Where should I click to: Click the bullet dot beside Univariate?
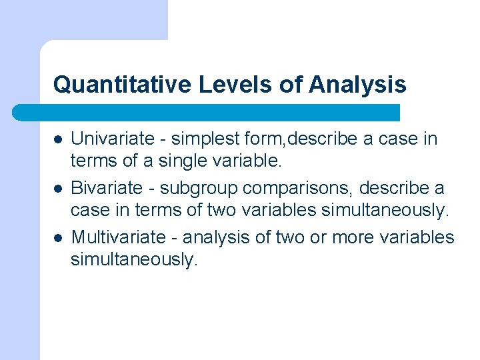(x=58, y=139)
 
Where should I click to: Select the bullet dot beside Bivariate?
(x=58, y=189)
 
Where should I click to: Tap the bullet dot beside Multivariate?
(x=58, y=238)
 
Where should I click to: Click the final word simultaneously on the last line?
(x=134, y=259)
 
